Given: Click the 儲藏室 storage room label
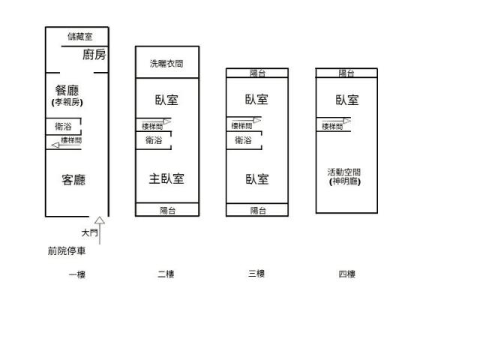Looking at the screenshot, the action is click(x=80, y=37).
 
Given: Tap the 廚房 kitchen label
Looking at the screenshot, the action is click(x=94, y=55).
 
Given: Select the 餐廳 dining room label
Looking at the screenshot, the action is click(x=67, y=90).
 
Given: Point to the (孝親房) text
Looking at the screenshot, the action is click(x=67, y=102).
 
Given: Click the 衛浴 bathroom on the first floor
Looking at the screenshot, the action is click(x=63, y=126).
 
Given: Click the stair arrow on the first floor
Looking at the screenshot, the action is click(x=67, y=145).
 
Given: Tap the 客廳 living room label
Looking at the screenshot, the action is click(x=73, y=180).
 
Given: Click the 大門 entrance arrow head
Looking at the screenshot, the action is click(x=100, y=220).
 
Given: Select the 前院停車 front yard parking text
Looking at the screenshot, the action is click(x=67, y=251).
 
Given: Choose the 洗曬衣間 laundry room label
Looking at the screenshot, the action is click(x=166, y=64).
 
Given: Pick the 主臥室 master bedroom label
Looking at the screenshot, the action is click(x=166, y=178).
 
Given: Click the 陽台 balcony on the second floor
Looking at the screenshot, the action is click(x=167, y=210).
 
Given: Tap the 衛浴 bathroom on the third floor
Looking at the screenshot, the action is click(x=243, y=140).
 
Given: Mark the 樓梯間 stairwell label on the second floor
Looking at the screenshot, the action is click(x=152, y=127).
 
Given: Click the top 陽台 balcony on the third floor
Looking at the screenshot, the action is click(x=257, y=73).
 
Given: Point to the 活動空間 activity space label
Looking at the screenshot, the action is click(x=344, y=172).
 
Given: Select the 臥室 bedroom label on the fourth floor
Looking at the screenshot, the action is click(x=347, y=100).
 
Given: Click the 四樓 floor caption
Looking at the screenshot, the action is click(x=346, y=274).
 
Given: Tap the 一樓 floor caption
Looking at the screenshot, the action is click(x=77, y=274).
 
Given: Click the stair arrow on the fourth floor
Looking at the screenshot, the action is click(x=337, y=121).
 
